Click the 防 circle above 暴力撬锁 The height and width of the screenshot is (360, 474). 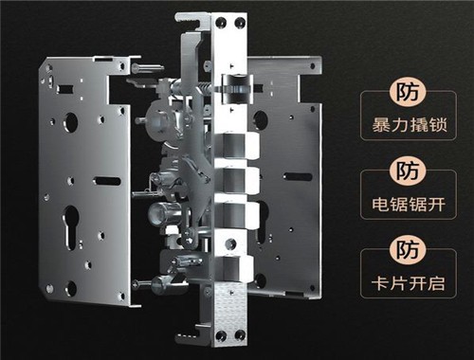pyautogui.click(x=408, y=92)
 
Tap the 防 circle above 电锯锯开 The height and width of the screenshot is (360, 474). pyautogui.click(x=408, y=171)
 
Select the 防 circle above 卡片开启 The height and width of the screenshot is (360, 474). pyautogui.click(x=408, y=249)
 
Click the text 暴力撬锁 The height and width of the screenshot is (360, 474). pyautogui.click(x=410, y=125)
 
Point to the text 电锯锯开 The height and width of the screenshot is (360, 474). pyautogui.click(x=409, y=204)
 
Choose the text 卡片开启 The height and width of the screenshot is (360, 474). pyautogui.click(x=409, y=283)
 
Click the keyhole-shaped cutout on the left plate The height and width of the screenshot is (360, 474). pyautogui.click(x=70, y=226)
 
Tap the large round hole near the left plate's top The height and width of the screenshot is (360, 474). pyautogui.click(x=70, y=122)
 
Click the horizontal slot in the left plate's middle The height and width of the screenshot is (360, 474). pyautogui.click(x=107, y=181)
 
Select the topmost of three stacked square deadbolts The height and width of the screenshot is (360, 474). pyautogui.click(x=239, y=146)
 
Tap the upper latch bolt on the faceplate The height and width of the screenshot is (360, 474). pyautogui.click(x=238, y=89)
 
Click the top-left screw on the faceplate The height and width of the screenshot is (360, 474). pyautogui.click(x=219, y=23)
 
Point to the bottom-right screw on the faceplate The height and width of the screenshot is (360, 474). pyautogui.click(x=239, y=335)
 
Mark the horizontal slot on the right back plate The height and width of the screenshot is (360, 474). pyautogui.click(x=298, y=177)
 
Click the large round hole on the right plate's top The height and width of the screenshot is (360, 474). pyautogui.click(x=260, y=120)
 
